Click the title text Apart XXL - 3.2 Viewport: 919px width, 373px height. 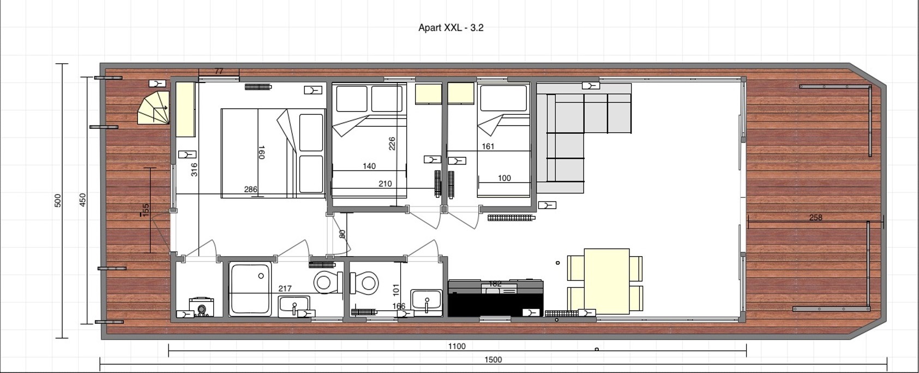(x=451, y=27)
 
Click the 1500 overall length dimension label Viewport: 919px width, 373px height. (x=492, y=359)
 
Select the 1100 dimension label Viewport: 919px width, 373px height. (x=457, y=346)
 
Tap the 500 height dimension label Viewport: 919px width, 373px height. (x=58, y=200)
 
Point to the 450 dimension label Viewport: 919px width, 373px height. (x=83, y=200)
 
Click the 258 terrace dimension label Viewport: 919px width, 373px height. (x=815, y=217)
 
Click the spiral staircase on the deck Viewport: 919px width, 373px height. (x=154, y=109)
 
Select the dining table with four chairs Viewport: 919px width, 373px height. (x=606, y=281)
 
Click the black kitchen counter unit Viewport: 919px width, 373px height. (x=495, y=299)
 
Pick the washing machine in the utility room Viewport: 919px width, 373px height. (x=201, y=307)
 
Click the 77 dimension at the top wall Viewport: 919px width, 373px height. (x=219, y=71)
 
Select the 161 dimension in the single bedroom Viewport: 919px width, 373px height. (x=488, y=146)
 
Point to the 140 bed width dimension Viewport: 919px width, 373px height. (x=369, y=166)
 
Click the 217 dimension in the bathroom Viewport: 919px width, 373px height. (x=285, y=288)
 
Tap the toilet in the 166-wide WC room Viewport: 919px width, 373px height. (x=365, y=283)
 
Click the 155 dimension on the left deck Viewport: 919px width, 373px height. (x=146, y=210)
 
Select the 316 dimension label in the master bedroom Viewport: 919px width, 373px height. (x=194, y=169)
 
